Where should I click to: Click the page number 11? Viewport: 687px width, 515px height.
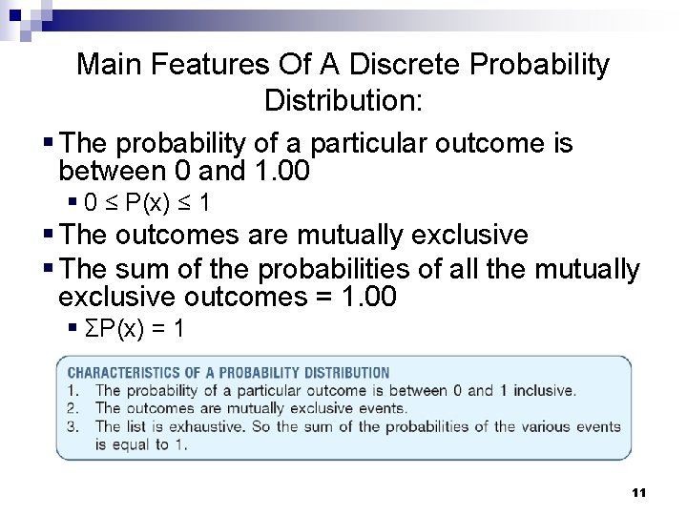pyautogui.click(x=639, y=492)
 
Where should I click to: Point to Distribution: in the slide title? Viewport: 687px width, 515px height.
pyautogui.click(x=343, y=99)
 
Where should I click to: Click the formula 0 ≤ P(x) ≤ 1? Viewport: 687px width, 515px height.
pyautogui.click(x=148, y=203)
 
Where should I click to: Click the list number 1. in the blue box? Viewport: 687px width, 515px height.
pyautogui.click(x=74, y=390)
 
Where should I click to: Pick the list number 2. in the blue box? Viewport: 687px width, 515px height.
pyautogui.click(x=74, y=408)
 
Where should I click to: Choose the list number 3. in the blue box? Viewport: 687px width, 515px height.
pyautogui.click(x=74, y=426)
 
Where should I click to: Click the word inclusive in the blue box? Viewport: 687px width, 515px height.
pyautogui.click(x=543, y=390)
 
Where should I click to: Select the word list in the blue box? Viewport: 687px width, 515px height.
pyautogui.click(x=137, y=426)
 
